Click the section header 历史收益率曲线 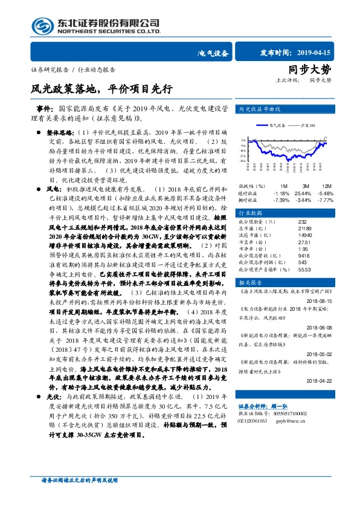pyautogui.click(x=259, y=109)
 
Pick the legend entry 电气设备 pyautogui.click(x=280, y=125)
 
